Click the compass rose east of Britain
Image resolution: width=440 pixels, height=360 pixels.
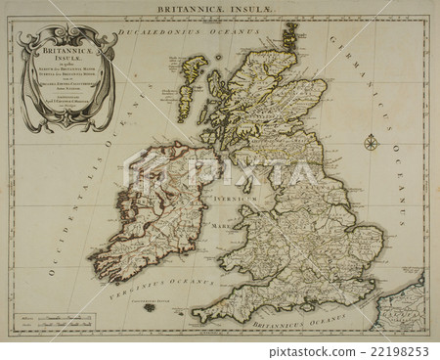coord(372,145)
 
